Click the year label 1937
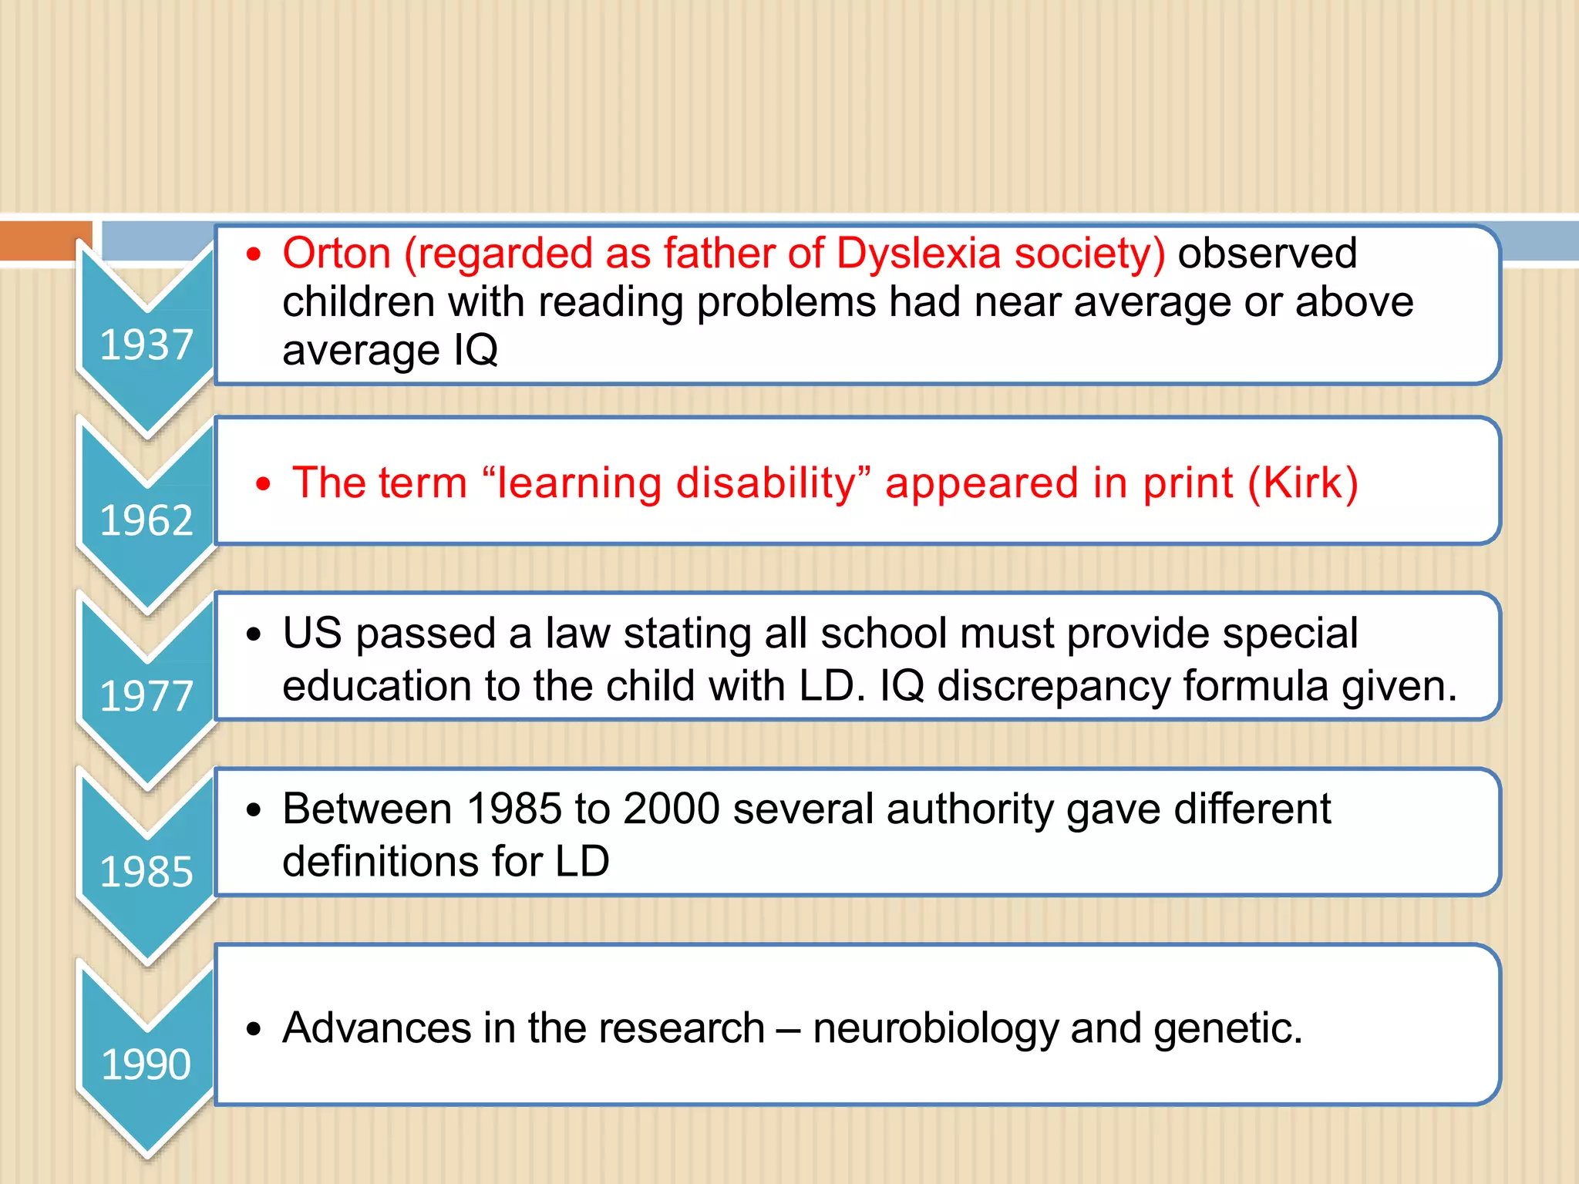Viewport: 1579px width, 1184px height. [x=146, y=345]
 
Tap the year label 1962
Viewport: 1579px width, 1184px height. [x=146, y=520]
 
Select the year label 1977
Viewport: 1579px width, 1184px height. [x=146, y=696]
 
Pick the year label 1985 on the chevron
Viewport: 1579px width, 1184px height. [x=146, y=872]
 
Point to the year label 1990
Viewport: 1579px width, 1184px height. [x=146, y=1065]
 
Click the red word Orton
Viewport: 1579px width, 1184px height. [x=337, y=253]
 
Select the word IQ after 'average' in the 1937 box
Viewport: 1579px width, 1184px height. [x=476, y=350]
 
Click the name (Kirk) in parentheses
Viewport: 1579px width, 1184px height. [x=1303, y=483]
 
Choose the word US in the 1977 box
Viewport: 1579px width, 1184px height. [x=311, y=634]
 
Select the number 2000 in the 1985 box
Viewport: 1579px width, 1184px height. [x=671, y=809]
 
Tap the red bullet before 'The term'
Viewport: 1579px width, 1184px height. [x=264, y=484]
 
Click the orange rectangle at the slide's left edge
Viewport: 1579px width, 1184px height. [x=45, y=240]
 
